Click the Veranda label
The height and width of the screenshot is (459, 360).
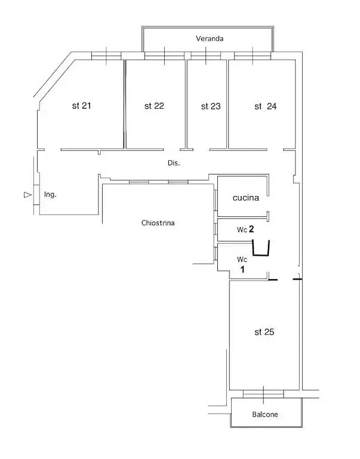[210, 39]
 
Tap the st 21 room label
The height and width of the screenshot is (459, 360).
[82, 106]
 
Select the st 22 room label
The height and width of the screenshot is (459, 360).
[154, 106]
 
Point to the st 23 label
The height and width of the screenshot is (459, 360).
[211, 106]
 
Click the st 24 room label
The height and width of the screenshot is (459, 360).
[266, 106]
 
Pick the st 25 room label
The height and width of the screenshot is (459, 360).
[264, 332]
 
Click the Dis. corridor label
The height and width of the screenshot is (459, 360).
[174, 163]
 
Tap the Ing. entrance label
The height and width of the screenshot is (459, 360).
[50, 194]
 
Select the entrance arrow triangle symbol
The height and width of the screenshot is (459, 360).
[27, 195]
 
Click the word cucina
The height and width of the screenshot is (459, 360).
[246, 198]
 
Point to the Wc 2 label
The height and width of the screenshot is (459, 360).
[245, 229]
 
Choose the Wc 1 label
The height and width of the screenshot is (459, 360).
[242, 264]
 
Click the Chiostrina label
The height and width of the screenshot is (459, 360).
[158, 223]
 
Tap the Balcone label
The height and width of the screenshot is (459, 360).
[265, 415]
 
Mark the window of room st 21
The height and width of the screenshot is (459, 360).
[106, 56]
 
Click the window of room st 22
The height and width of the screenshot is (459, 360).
[165, 56]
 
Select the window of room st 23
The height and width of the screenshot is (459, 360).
[206, 56]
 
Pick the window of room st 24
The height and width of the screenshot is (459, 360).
[253, 56]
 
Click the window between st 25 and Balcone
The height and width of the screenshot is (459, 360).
[263, 394]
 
